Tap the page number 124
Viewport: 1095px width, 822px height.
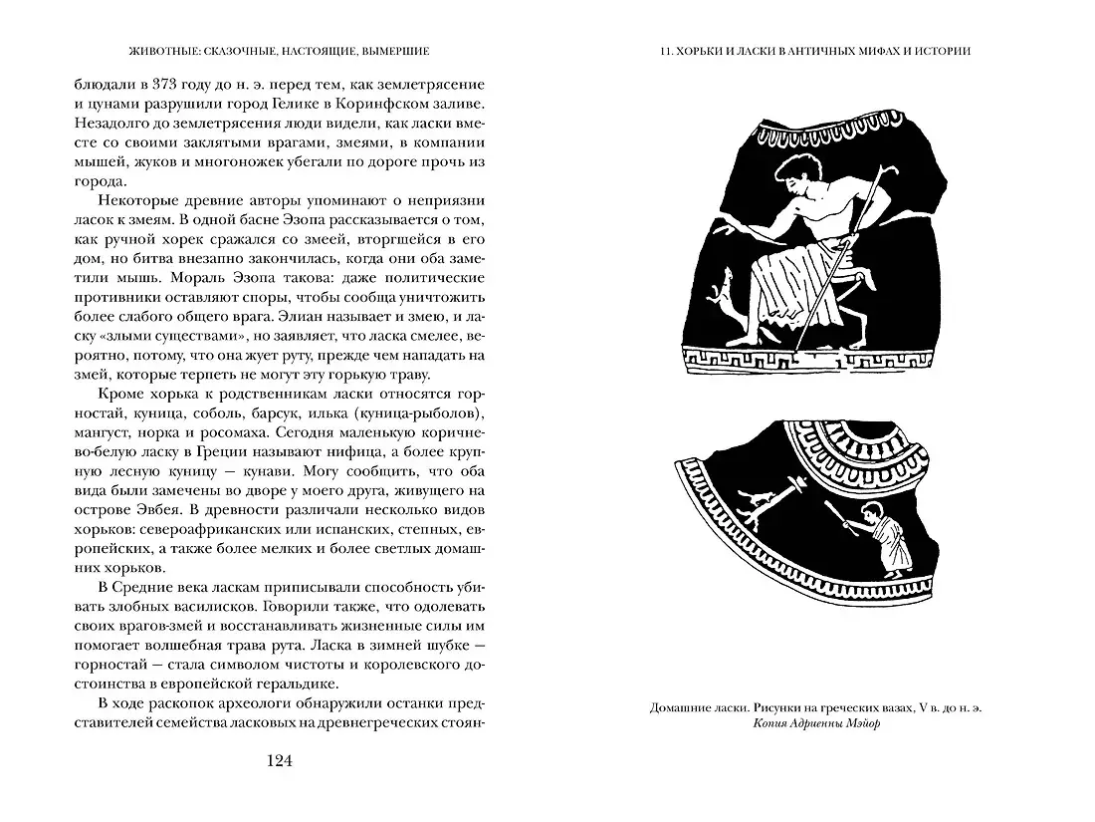(278, 760)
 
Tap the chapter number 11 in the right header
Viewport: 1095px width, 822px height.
(653, 51)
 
